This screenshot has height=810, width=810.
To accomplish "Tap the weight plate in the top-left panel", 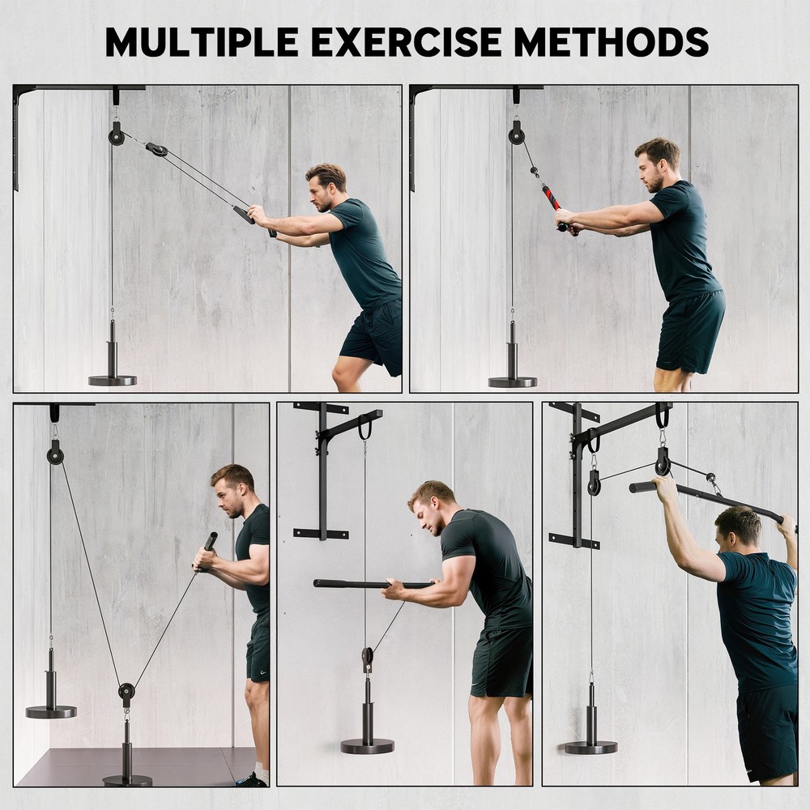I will pos(113,380).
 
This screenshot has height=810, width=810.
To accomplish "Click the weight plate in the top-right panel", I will pos(512,382).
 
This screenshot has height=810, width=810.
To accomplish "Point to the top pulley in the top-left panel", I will pos(117,134).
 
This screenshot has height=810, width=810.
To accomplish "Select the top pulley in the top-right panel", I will pos(516,134).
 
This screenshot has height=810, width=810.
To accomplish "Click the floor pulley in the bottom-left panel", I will pos(126,693).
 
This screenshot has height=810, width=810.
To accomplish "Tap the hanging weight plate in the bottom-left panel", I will pos(51,711).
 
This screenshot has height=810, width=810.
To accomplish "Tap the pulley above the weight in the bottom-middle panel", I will pos(368,655).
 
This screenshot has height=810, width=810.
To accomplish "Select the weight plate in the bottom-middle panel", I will pos(367,746).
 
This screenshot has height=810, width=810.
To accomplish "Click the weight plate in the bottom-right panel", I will pos(590,747).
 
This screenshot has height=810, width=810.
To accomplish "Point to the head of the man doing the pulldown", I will pos(738,526).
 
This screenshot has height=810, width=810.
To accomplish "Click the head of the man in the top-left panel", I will pos(326,187).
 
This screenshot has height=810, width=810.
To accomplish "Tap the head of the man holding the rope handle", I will pos(656,164).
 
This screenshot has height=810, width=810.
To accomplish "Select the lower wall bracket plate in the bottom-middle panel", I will pos(322,534).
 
